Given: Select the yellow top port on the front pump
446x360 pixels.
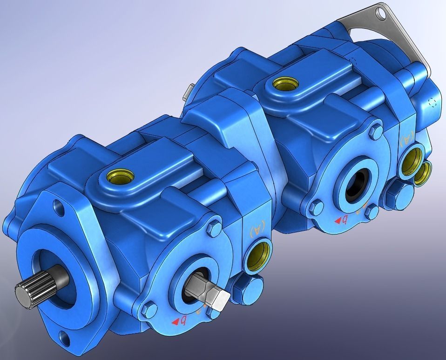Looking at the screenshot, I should point(114,177).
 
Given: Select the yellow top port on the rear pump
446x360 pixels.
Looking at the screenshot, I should point(282,84).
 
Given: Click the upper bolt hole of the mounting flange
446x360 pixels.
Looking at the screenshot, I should point(58,205).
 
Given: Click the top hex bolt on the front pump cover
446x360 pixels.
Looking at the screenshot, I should point(214,229).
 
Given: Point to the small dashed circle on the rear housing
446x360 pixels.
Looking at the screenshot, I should point(433,102).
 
